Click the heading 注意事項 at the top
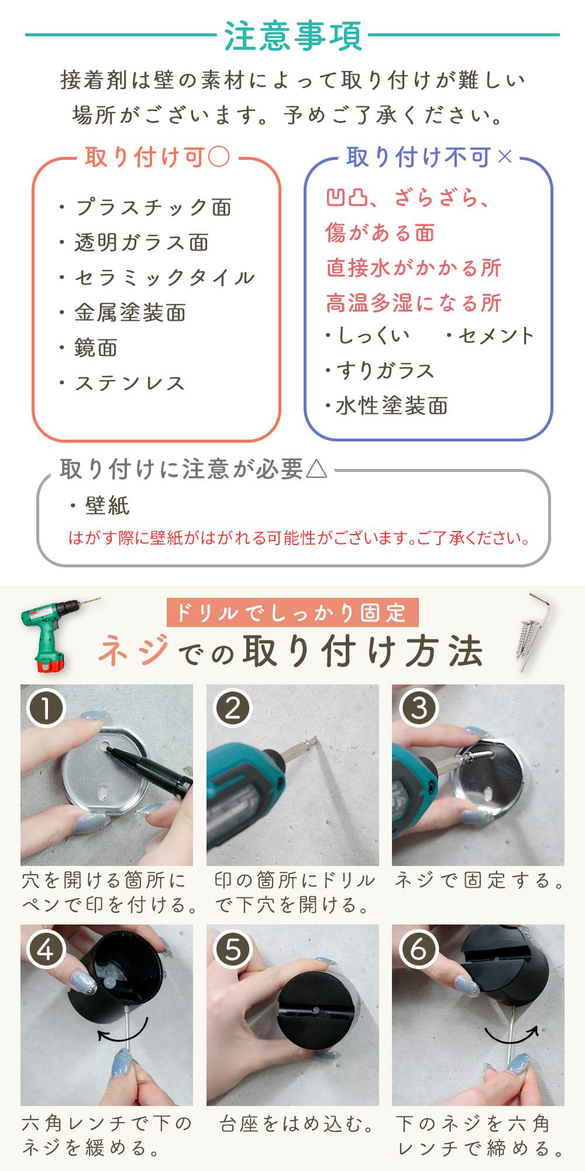click(x=293, y=36)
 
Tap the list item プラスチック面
click(x=153, y=207)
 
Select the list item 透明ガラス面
click(x=142, y=242)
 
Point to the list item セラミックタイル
click(x=165, y=278)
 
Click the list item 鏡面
click(x=96, y=348)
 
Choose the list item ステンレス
click(x=130, y=383)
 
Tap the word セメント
click(x=496, y=335)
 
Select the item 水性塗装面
click(x=393, y=406)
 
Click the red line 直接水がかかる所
click(x=414, y=268)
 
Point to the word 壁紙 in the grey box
click(x=107, y=505)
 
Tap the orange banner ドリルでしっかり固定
click(x=292, y=612)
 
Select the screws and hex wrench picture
click(x=535, y=632)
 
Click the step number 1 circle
click(x=46, y=708)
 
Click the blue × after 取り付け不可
click(x=504, y=156)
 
